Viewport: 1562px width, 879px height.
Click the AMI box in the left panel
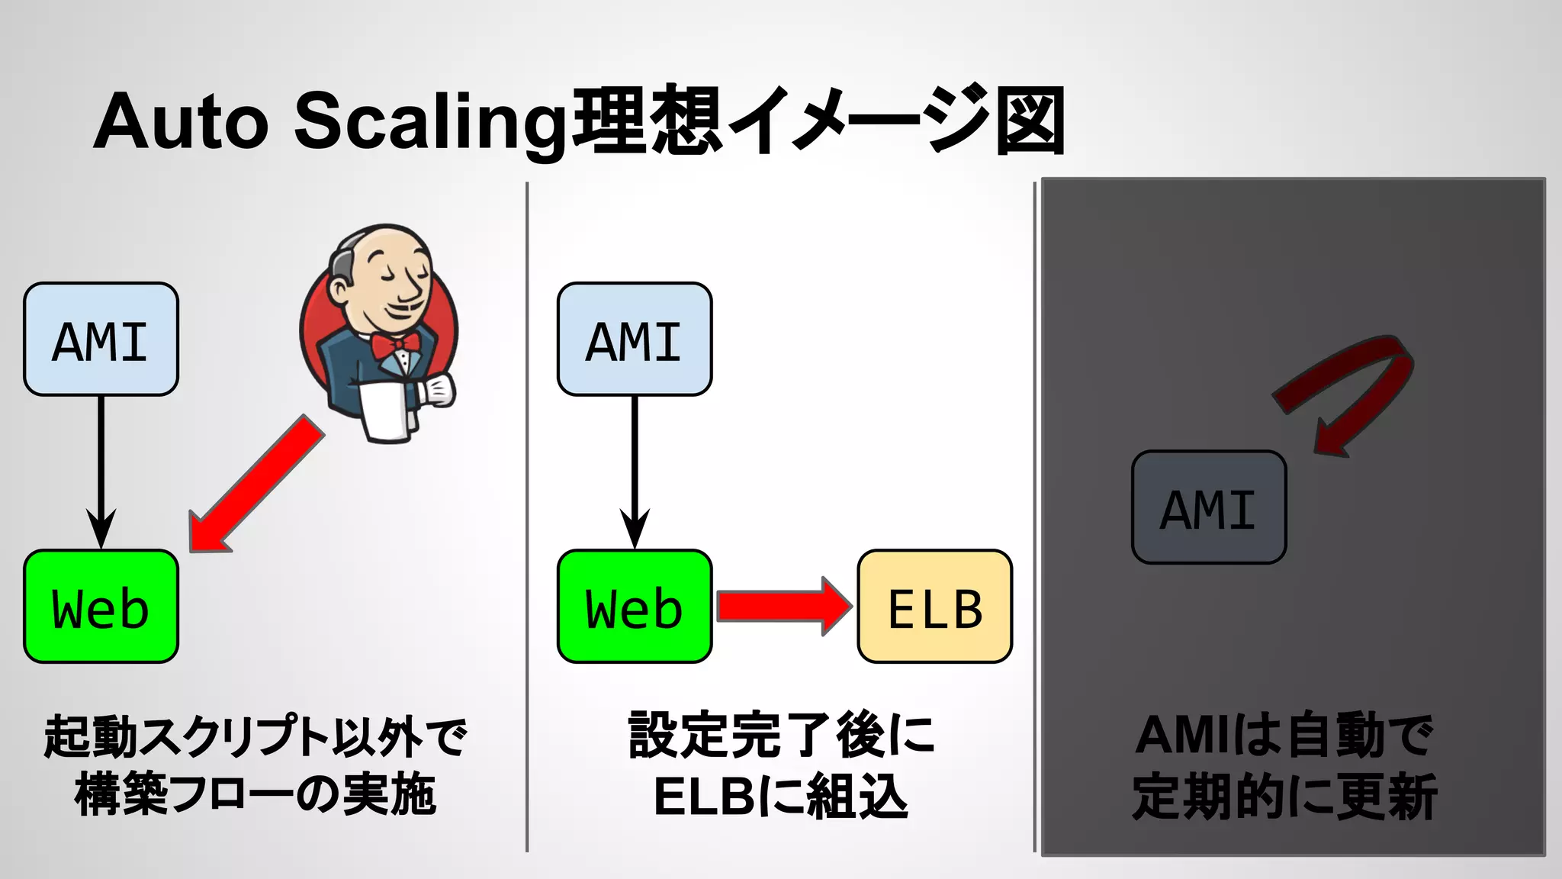pos(101,340)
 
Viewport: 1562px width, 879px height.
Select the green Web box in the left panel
pos(101,607)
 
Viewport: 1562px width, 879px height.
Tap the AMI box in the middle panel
pos(635,340)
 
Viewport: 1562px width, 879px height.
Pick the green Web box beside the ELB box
pos(635,607)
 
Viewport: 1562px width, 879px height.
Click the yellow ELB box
pos(935,607)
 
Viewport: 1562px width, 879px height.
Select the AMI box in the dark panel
pos(1209,507)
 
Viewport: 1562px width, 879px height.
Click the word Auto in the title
pos(181,122)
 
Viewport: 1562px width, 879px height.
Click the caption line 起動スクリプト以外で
pos(255,736)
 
